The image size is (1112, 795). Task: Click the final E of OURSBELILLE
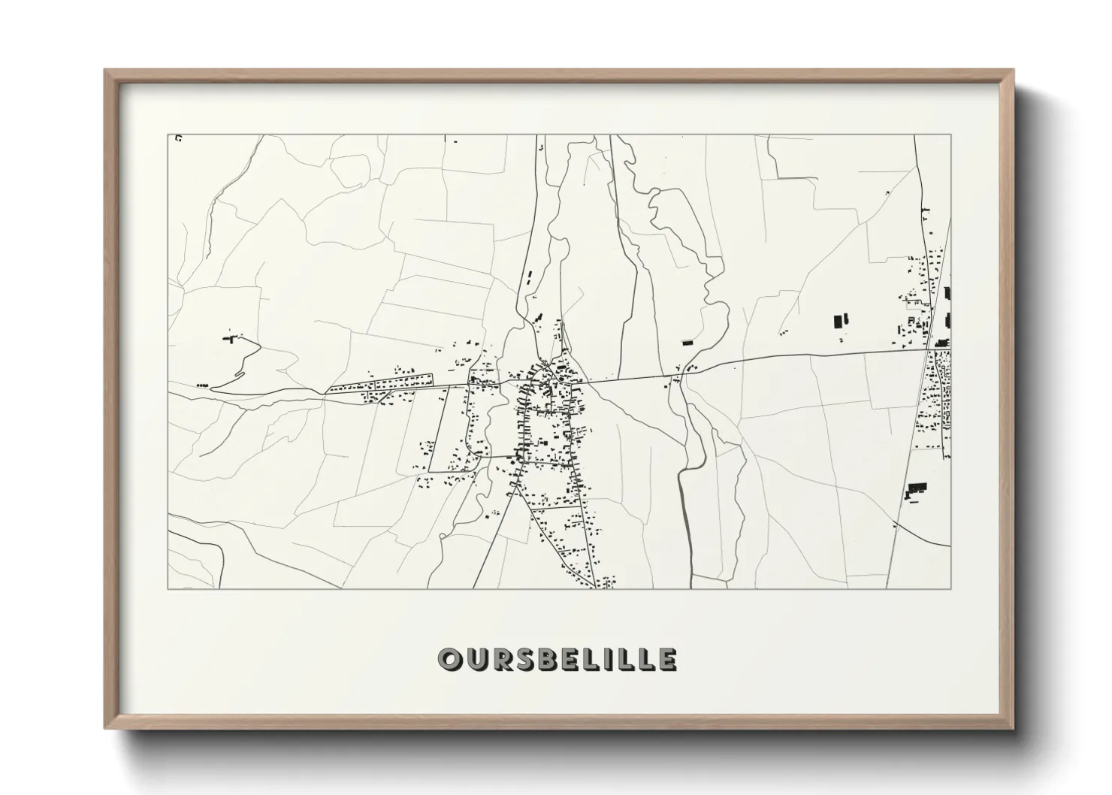pos(666,659)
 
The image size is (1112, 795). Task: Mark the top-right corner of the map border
pos(950,135)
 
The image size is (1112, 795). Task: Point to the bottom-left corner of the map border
pos(168,588)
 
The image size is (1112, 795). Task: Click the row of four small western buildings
pos(201,385)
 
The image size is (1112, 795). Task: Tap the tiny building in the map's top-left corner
pos(178,138)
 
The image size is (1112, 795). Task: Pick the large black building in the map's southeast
pos(914,489)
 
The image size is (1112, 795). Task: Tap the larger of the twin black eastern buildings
pos(839,321)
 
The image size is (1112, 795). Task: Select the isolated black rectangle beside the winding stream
pos(686,343)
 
